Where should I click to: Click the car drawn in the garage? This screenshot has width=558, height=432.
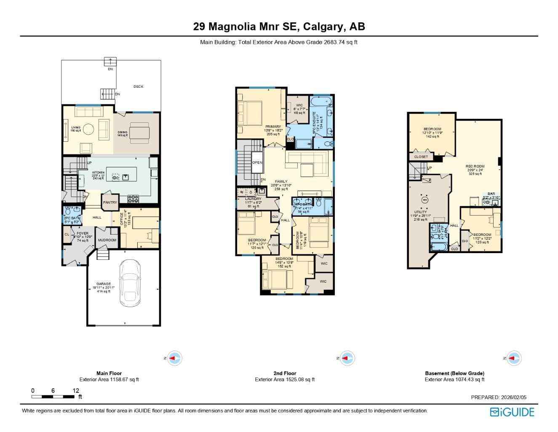tap(130, 283)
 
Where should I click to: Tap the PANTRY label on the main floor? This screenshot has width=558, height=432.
tap(110, 202)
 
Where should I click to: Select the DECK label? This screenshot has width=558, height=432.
tap(139, 86)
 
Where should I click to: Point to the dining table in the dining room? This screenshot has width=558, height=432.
tap(139, 133)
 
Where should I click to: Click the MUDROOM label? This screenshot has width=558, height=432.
tap(107, 240)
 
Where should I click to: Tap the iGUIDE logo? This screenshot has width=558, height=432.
tap(512, 412)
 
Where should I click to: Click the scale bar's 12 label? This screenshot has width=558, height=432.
tap(76, 391)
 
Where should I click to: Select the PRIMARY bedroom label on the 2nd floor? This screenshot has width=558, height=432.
tap(273, 127)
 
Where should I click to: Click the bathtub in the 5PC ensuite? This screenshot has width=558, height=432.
tap(321, 101)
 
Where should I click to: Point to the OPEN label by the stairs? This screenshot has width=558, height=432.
tap(257, 162)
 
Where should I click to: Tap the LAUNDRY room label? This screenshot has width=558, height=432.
tap(253, 199)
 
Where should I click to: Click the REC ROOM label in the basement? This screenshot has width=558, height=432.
tap(475, 166)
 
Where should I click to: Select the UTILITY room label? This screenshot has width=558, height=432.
tap(420, 212)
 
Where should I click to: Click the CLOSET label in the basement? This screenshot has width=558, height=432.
tap(421, 157)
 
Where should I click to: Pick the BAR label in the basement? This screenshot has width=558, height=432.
tap(491, 194)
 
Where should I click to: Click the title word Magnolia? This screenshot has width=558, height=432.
tap(232, 27)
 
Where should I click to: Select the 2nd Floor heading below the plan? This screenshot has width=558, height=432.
tap(285, 373)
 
